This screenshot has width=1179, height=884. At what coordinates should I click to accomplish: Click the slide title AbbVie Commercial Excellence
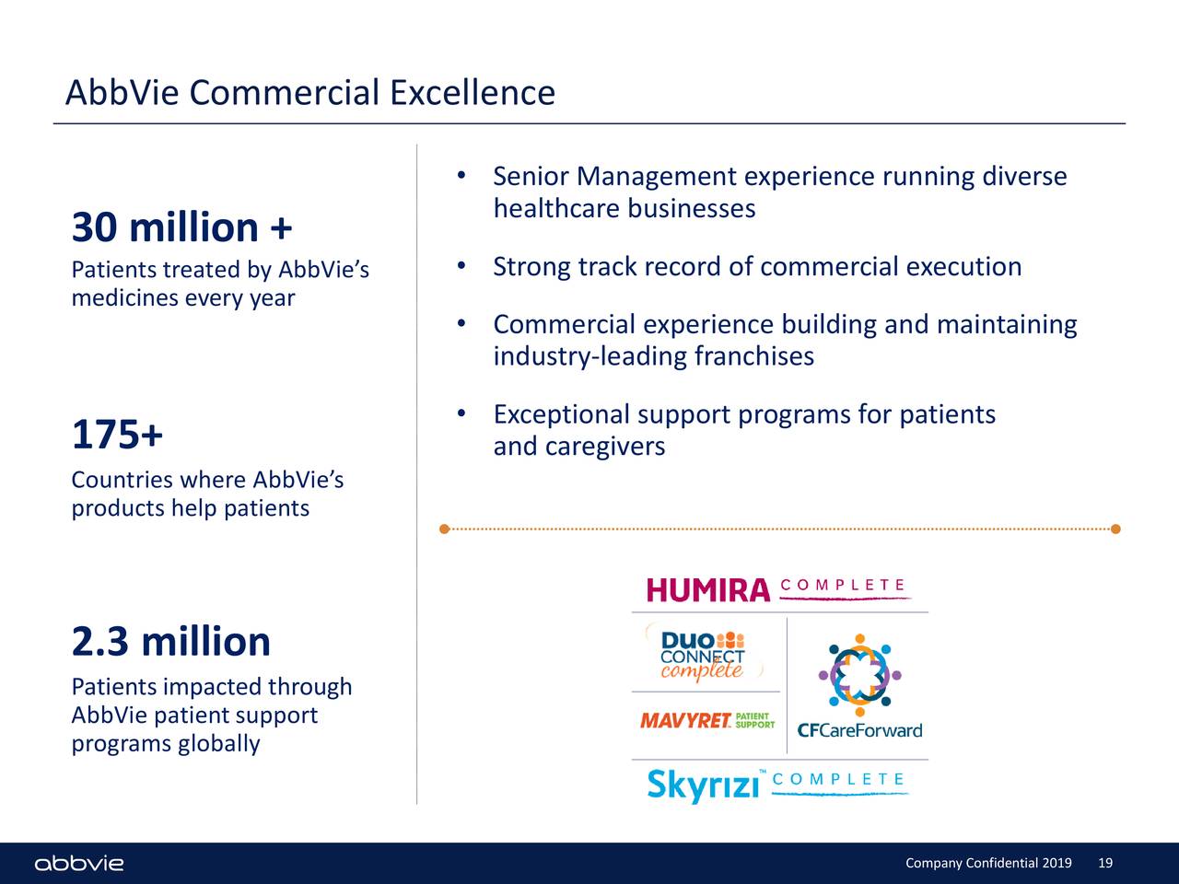pos(310,93)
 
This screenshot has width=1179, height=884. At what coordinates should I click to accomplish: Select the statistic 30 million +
pos(181,227)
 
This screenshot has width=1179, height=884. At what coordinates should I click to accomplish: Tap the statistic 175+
pos(117,435)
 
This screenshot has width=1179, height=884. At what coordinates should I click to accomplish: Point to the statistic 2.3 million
pos(170,642)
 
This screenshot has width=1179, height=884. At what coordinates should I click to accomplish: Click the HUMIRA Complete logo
pos(778,589)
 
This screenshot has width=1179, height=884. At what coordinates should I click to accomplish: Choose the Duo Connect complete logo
pos(703,656)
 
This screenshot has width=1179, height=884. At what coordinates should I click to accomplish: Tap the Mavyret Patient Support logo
pos(706,721)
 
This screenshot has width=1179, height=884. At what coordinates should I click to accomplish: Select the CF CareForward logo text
pos(858,731)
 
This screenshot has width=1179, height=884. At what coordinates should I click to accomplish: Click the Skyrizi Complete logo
pos(776,785)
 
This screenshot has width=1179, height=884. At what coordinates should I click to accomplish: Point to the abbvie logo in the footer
pos(79,864)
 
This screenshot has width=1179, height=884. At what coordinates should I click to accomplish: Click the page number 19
pos(1105,863)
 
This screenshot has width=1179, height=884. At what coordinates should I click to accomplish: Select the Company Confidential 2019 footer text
pos(988,863)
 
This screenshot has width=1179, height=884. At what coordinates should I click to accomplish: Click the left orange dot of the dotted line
pos(444,529)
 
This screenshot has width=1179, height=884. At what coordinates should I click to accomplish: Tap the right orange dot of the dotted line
pos(1115,529)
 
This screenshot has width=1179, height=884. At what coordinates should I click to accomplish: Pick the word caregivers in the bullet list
pos(604,447)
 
